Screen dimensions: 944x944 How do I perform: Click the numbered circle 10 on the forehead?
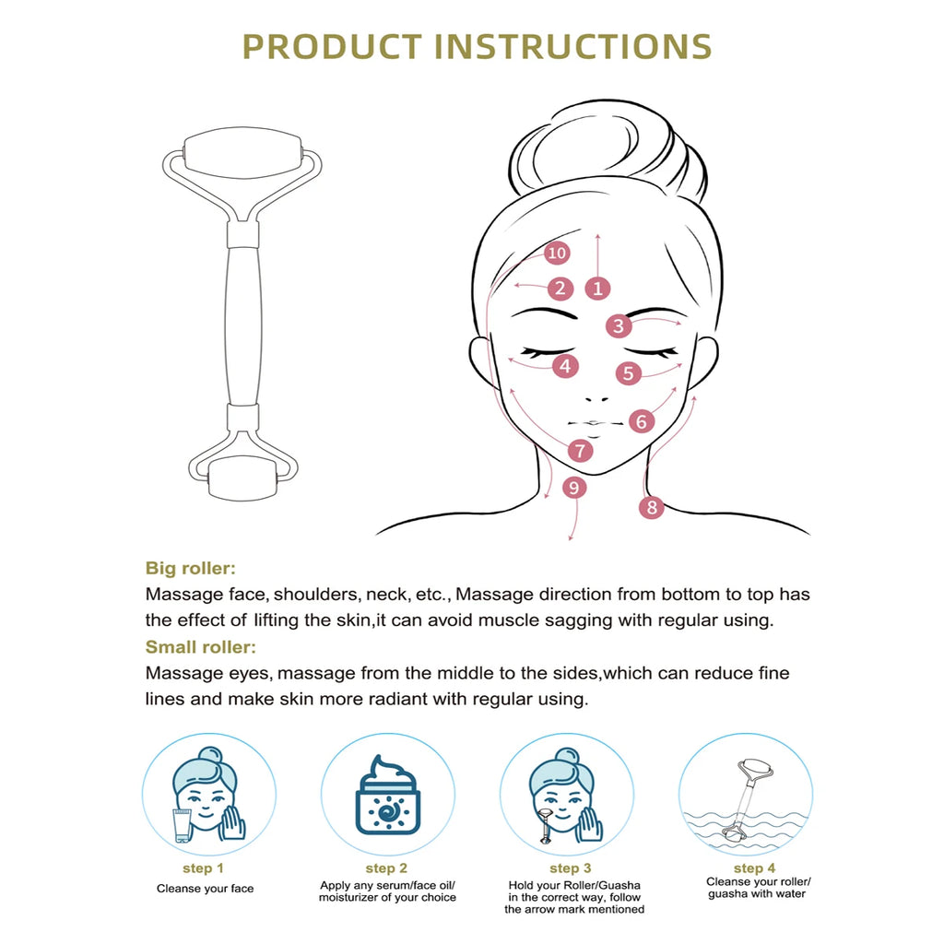pyautogui.click(x=557, y=253)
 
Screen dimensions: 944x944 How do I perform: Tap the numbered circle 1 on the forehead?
pyautogui.click(x=597, y=289)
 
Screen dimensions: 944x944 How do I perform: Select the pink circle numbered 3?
pyautogui.click(x=619, y=326)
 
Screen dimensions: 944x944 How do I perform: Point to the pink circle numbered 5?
pyautogui.click(x=629, y=374)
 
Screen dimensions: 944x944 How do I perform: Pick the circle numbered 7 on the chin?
pyautogui.click(x=581, y=450)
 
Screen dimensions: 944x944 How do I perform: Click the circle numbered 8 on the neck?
pyautogui.click(x=652, y=507)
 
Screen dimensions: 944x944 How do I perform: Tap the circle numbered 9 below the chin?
pyautogui.click(x=573, y=488)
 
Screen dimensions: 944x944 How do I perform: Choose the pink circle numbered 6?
pyautogui.click(x=642, y=421)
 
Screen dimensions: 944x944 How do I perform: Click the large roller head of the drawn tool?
pyautogui.click(x=242, y=153)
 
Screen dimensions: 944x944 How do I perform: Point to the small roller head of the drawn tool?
pyautogui.click(x=242, y=478)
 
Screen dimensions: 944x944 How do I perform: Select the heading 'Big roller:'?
pyautogui.click(x=190, y=568)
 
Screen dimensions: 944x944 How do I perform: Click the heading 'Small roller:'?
pyautogui.click(x=200, y=647)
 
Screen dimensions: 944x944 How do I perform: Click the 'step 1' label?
pyautogui.click(x=203, y=868)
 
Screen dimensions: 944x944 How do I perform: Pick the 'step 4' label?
pyautogui.click(x=754, y=868)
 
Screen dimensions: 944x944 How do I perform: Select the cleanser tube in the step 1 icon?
pyautogui.click(x=183, y=825)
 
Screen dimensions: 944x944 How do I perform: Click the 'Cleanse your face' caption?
pyautogui.click(x=206, y=889)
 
